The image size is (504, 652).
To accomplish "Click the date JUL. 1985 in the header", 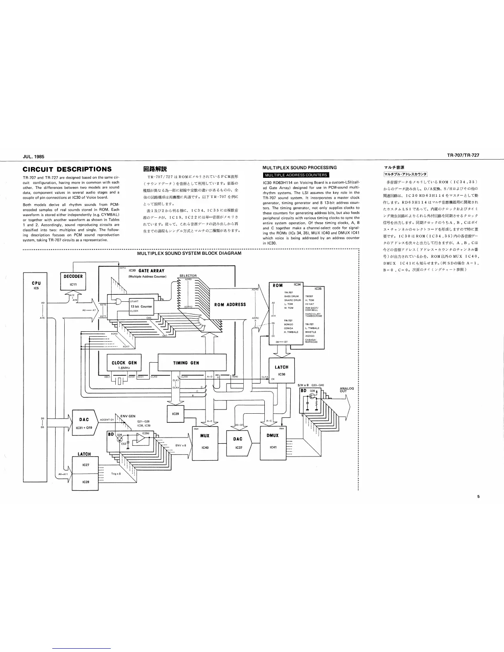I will click(33, 156).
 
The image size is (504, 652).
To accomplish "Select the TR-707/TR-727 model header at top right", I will click(463, 156).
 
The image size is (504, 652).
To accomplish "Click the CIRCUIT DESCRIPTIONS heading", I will click(67, 169).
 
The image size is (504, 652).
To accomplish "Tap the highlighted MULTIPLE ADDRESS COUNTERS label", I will click(295, 175).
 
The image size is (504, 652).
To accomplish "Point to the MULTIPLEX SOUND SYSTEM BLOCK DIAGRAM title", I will click(189, 253).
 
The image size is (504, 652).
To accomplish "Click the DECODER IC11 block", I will click(73, 280).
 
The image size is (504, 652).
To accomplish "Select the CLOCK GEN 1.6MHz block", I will click(124, 365).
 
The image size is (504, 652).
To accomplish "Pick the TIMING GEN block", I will click(192, 363).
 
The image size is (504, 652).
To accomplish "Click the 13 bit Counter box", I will click(141, 306).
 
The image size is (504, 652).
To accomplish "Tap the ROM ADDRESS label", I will click(230, 304).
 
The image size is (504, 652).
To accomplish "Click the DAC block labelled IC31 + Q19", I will click(84, 423).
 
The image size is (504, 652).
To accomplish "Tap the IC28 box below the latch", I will click(86, 481).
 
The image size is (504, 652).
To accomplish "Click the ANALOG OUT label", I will click(347, 389).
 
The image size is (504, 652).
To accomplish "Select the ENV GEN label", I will click(128, 416).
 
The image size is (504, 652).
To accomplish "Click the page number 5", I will click(478, 496).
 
